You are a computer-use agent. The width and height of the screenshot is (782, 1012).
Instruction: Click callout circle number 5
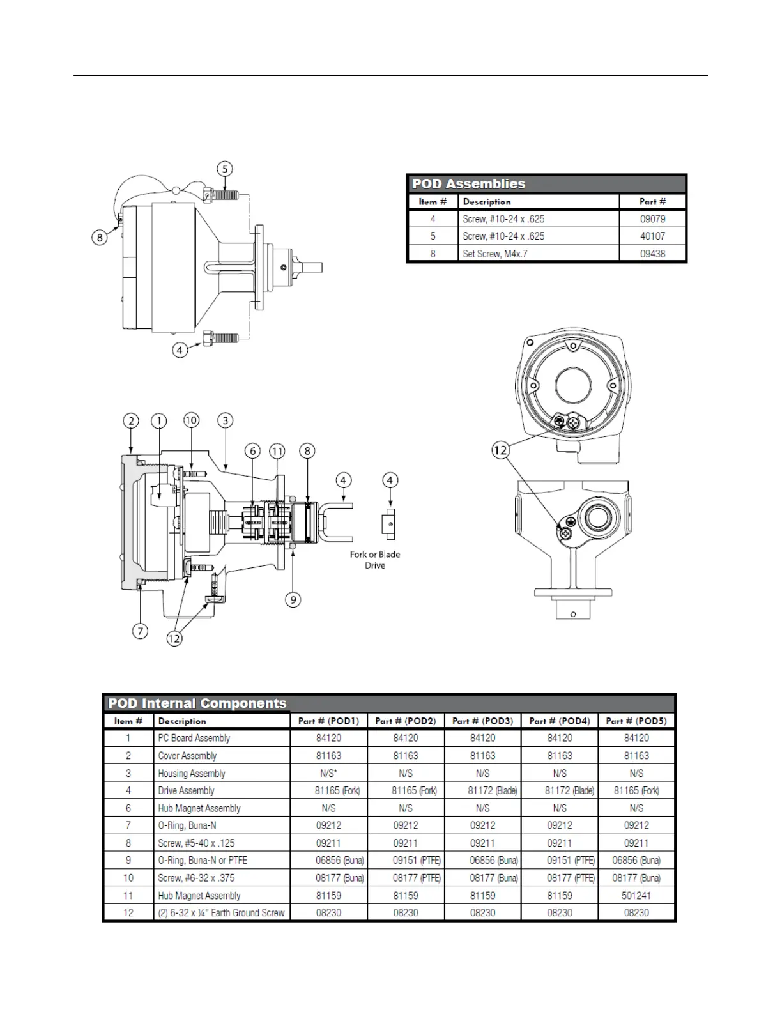pyautogui.click(x=224, y=169)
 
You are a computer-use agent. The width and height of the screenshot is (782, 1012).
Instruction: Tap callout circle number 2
pyautogui.click(x=131, y=421)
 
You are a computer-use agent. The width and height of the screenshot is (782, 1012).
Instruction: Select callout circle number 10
pyautogui.click(x=191, y=420)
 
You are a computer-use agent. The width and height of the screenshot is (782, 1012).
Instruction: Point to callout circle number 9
pyautogui.click(x=293, y=599)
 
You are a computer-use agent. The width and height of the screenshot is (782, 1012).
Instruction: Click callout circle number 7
pyautogui.click(x=140, y=631)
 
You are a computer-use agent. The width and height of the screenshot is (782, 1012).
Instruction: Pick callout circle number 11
pyautogui.click(x=277, y=451)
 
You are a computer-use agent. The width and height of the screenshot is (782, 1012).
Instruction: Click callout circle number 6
pyautogui.click(x=253, y=451)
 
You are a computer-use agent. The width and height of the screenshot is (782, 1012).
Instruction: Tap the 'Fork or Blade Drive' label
pyautogui.click(x=375, y=560)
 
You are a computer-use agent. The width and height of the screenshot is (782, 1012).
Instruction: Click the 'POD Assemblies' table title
pyautogui.click(x=468, y=184)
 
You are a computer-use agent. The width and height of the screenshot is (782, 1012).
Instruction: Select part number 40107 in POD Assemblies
pyautogui.click(x=652, y=236)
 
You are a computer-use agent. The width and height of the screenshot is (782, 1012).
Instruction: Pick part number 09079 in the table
pyautogui.click(x=652, y=219)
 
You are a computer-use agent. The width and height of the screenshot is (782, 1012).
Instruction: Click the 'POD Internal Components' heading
pyautogui.click(x=197, y=703)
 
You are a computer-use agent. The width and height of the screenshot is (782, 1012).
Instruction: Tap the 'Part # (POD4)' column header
pyautogui.click(x=559, y=721)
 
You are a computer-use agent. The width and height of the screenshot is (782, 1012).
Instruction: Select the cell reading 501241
pyautogui.click(x=636, y=896)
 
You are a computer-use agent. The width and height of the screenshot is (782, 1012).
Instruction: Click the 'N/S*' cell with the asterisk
pyautogui.click(x=328, y=773)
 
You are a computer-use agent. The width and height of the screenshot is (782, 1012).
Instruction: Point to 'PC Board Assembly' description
pyautogui.click(x=194, y=738)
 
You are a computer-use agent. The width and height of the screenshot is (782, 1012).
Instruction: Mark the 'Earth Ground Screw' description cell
pyautogui.click(x=221, y=913)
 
